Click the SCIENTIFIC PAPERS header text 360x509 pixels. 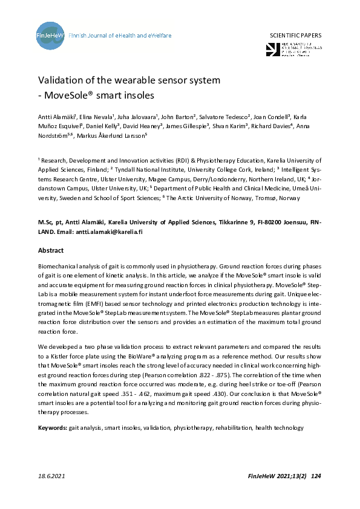295,36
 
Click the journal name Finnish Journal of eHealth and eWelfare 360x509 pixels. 120,36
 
